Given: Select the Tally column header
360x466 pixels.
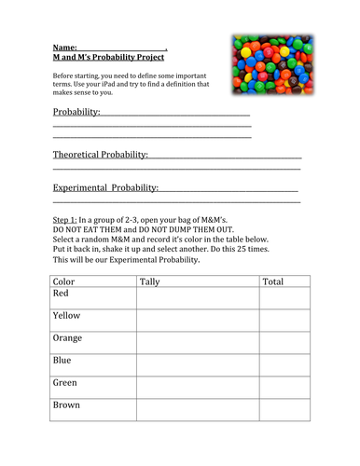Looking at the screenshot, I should (150, 281).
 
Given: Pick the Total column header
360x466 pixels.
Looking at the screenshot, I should (273, 281).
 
